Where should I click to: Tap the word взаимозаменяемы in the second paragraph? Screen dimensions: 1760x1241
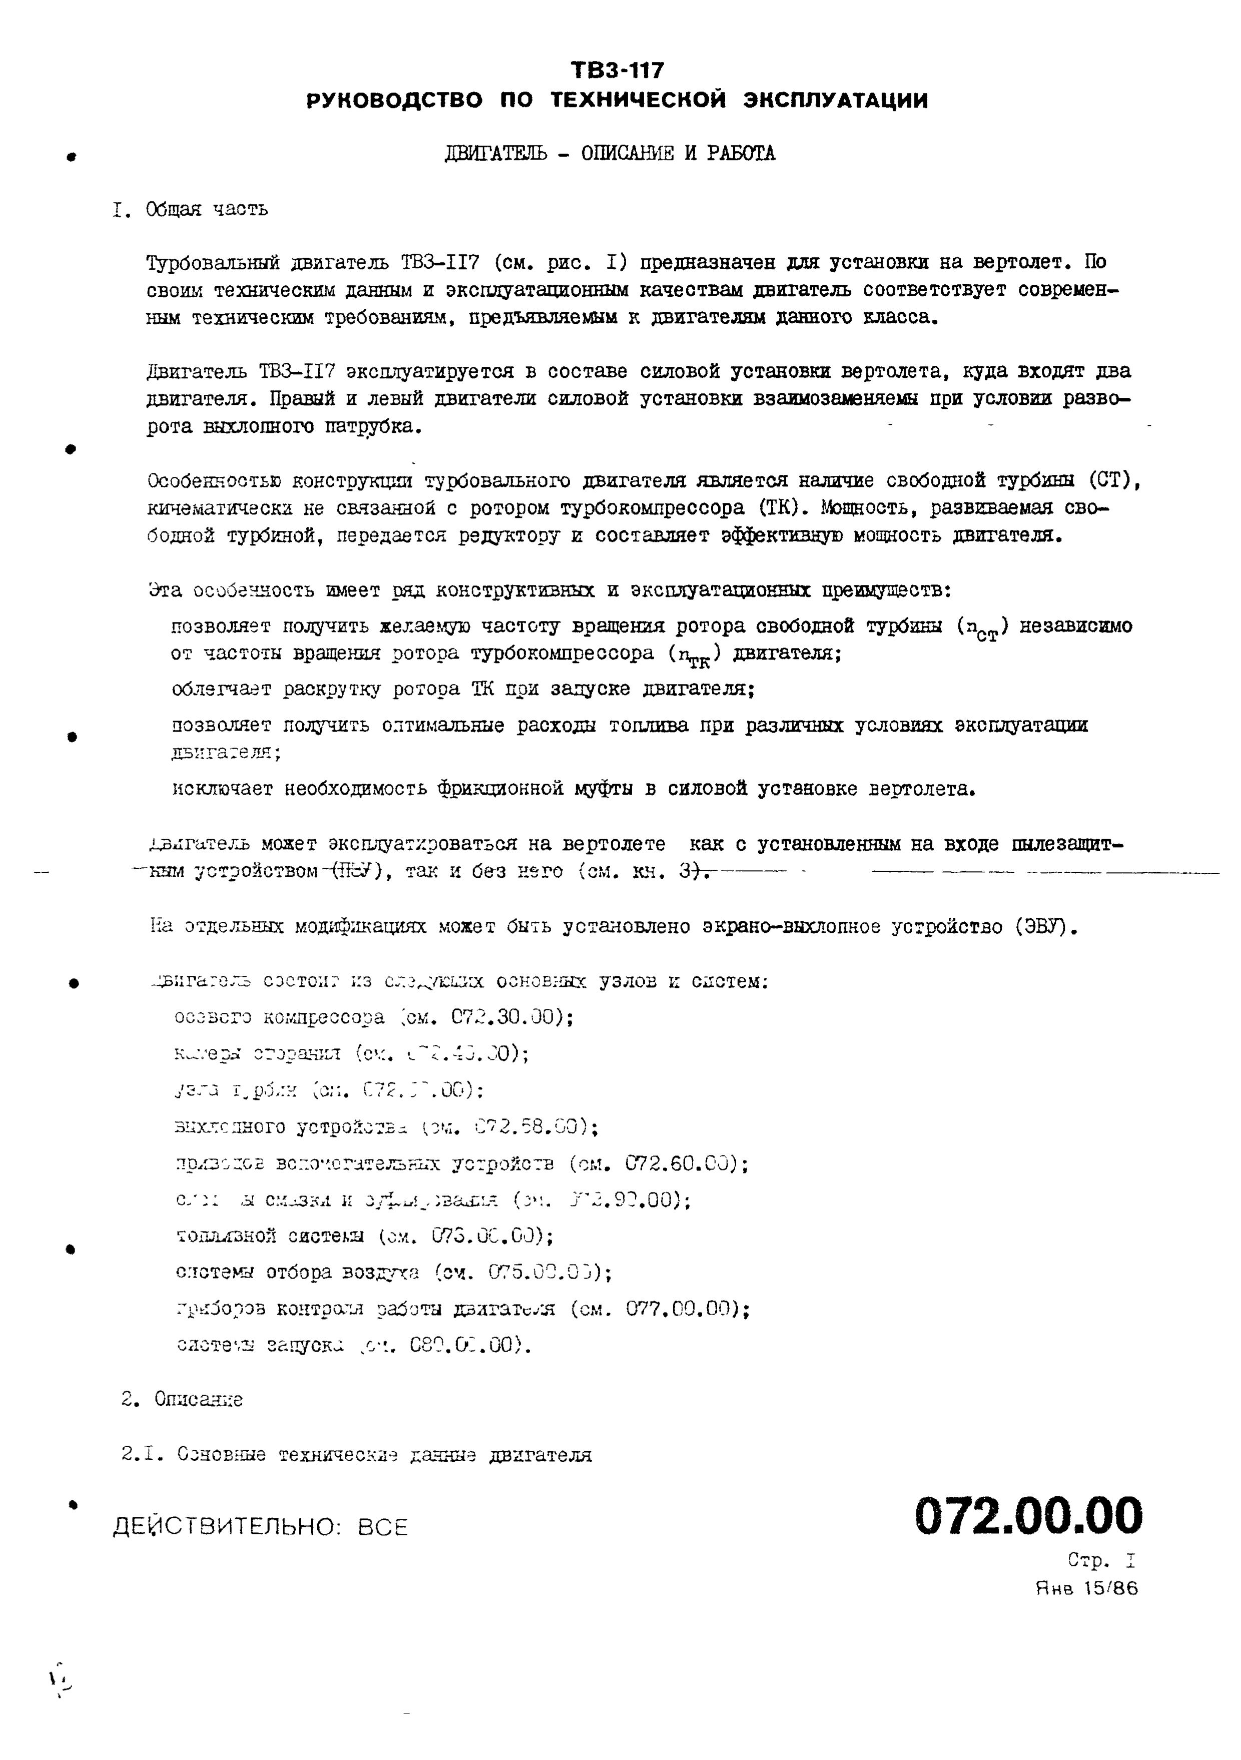[x=824, y=399]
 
